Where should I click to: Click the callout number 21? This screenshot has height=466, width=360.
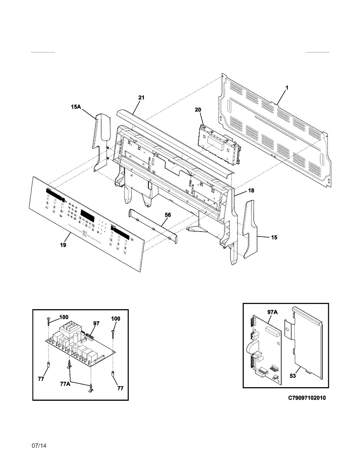coord(141,98)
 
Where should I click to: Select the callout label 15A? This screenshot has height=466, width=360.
coord(75,107)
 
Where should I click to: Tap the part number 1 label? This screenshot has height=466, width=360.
coord(287,88)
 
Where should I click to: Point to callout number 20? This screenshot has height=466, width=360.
coord(198,110)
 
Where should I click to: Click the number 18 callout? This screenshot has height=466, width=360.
coord(251,191)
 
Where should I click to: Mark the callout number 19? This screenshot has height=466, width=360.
coord(63,245)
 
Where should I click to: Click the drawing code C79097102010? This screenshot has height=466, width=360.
coord(307,398)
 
